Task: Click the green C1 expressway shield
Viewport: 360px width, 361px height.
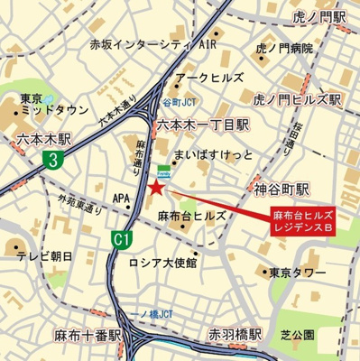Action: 119,239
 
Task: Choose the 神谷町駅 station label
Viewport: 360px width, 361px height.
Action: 280,190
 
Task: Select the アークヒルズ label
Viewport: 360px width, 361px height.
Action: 208,78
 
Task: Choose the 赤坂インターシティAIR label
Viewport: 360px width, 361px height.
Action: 153,43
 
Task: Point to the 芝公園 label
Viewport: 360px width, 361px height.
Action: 297,335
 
